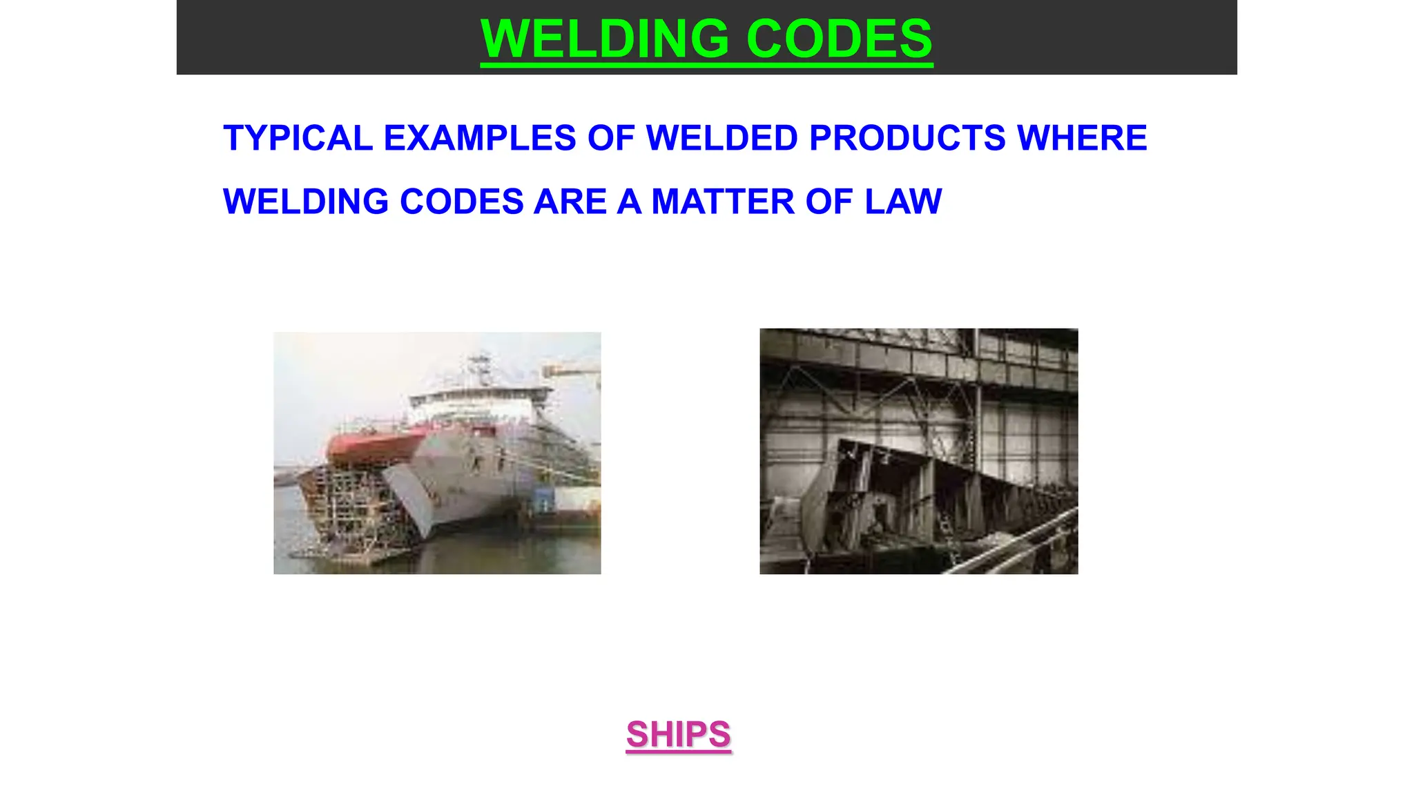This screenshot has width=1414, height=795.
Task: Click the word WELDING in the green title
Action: tap(603, 39)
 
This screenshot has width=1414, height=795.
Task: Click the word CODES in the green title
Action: tap(840, 39)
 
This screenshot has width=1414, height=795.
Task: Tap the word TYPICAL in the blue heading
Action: tap(298, 138)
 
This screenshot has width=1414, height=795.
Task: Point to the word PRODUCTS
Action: tap(907, 138)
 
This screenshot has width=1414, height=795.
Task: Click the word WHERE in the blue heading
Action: tap(1082, 138)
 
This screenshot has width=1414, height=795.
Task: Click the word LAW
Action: tap(903, 202)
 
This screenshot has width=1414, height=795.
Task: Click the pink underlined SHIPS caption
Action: tap(678, 734)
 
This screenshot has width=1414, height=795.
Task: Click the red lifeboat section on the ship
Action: tap(373, 445)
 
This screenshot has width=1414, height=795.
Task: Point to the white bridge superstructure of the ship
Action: tap(476, 404)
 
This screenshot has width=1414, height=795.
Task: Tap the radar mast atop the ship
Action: tap(478, 366)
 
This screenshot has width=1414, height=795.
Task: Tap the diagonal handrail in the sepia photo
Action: tap(1015, 542)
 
